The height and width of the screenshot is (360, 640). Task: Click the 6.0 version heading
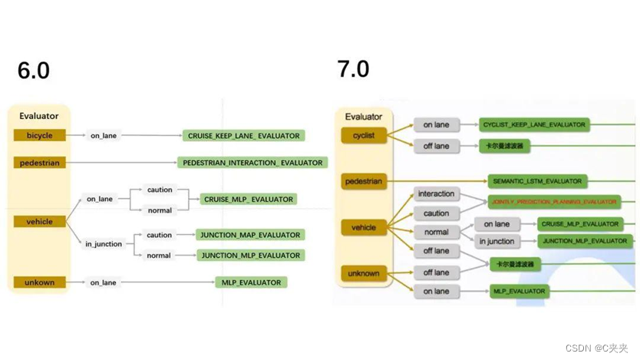pyautogui.click(x=34, y=71)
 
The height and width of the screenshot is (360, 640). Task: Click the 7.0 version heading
pyautogui.click(x=353, y=69)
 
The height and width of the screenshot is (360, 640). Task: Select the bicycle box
pyautogui.click(x=39, y=136)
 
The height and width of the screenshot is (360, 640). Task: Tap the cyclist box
pyautogui.click(x=364, y=135)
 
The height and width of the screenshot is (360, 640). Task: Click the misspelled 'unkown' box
pyautogui.click(x=39, y=282)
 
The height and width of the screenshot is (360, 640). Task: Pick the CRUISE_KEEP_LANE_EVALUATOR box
pyautogui.click(x=243, y=136)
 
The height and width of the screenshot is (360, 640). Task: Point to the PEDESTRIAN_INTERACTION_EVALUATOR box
pyautogui.click(x=252, y=163)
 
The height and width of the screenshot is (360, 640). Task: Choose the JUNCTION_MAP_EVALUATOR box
pyautogui.click(x=249, y=235)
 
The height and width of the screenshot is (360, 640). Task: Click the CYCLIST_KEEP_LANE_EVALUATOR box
pyautogui.click(x=533, y=124)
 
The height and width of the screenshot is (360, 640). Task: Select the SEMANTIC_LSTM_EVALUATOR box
pyautogui.click(x=537, y=181)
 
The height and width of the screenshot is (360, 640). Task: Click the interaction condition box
pyautogui.click(x=437, y=193)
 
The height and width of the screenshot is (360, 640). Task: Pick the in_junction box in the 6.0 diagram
pyautogui.click(x=104, y=244)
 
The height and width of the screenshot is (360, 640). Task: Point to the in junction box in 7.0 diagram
pyautogui.click(x=496, y=242)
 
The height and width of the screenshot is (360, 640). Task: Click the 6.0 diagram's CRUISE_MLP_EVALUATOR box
pyautogui.click(x=248, y=199)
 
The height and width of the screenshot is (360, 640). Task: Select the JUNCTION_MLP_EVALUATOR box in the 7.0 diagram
pyautogui.click(x=585, y=241)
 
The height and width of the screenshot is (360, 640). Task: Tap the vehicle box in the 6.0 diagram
pyautogui.click(x=39, y=222)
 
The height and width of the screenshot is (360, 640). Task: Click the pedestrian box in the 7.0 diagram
pyautogui.click(x=364, y=182)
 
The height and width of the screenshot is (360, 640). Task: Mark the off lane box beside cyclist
pyautogui.click(x=436, y=146)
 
